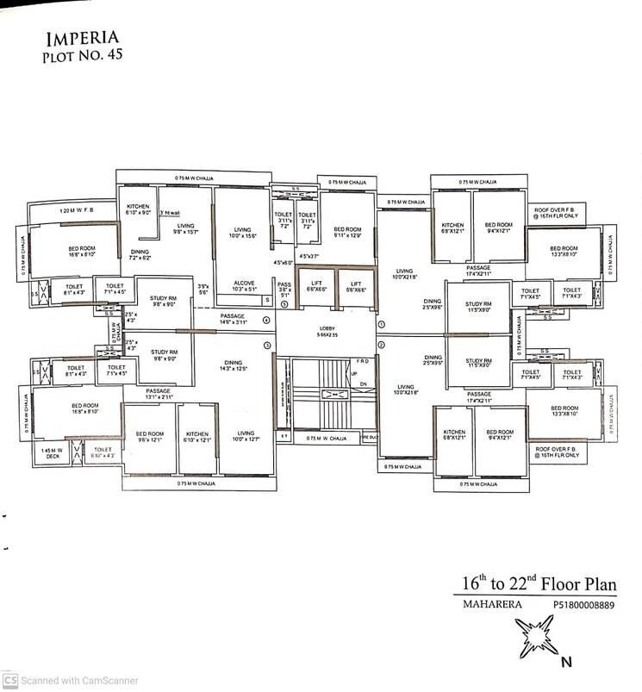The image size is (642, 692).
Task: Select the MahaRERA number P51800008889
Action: pos(584,606)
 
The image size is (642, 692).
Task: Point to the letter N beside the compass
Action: pos(566,663)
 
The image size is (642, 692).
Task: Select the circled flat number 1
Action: pos(381,323)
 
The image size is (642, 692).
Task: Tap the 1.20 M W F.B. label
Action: pos(76,211)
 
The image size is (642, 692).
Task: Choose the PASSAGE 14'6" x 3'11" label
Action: pos(233,318)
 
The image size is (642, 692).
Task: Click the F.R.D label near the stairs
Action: pos(363,362)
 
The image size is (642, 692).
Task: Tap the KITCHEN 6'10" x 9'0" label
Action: pos(139,209)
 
